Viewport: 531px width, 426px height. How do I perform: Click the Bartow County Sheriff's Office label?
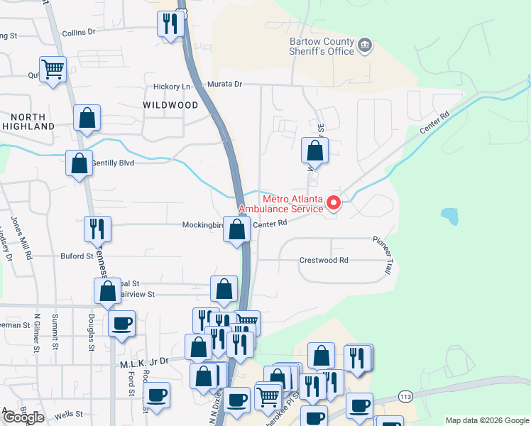(x=322, y=46)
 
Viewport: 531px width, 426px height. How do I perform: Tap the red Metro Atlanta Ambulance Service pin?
(x=334, y=204)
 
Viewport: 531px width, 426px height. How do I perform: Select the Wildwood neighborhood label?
(x=170, y=105)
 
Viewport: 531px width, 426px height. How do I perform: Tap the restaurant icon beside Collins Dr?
(x=170, y=24)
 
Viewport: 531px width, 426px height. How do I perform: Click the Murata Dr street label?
(x=224, y=84)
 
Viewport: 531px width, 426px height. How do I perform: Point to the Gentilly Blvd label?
(x=113, y=163)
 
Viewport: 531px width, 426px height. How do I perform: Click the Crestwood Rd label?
(x=323, y=260)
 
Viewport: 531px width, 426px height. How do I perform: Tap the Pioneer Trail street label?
(x=383, y=254)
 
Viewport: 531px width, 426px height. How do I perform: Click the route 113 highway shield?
(x=405, y=395)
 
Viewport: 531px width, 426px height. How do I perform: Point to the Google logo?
(x=23, y=417)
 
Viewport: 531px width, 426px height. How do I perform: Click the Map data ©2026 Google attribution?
(x=486, y=420)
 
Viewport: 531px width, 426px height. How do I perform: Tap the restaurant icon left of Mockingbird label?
(x=96, y=228)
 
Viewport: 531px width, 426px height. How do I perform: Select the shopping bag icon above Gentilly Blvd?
(x=87, y=118)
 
